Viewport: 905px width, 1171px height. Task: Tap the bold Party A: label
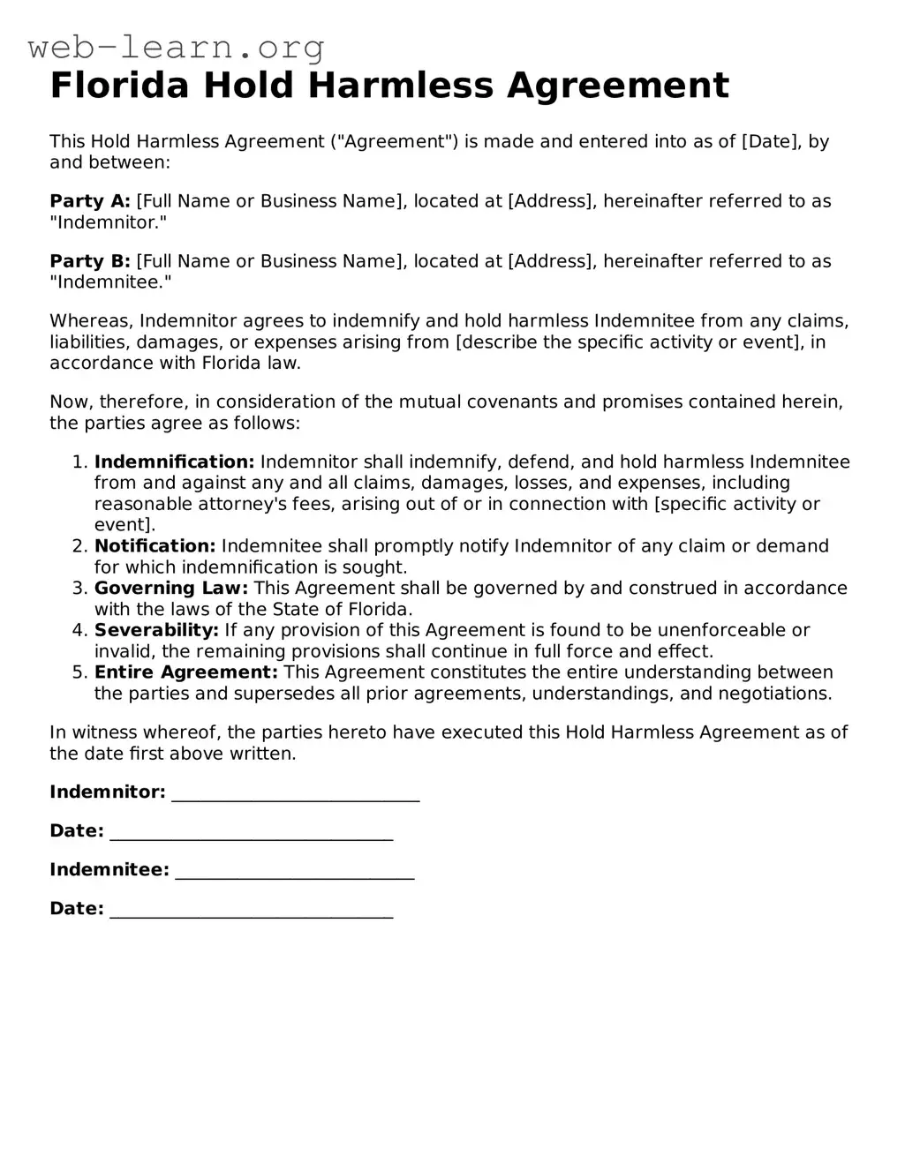(x=90, y=201)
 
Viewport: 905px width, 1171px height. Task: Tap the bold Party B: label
(x=90, y=261)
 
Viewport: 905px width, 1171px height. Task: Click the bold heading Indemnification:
(x=174, y=462)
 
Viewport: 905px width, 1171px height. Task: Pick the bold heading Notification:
(x=155, y=546)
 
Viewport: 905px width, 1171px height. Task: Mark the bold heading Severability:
(x=156, y=630)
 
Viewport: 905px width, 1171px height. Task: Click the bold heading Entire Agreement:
(x=185, y=672)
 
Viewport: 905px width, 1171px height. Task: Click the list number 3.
(x=78, y=589)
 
